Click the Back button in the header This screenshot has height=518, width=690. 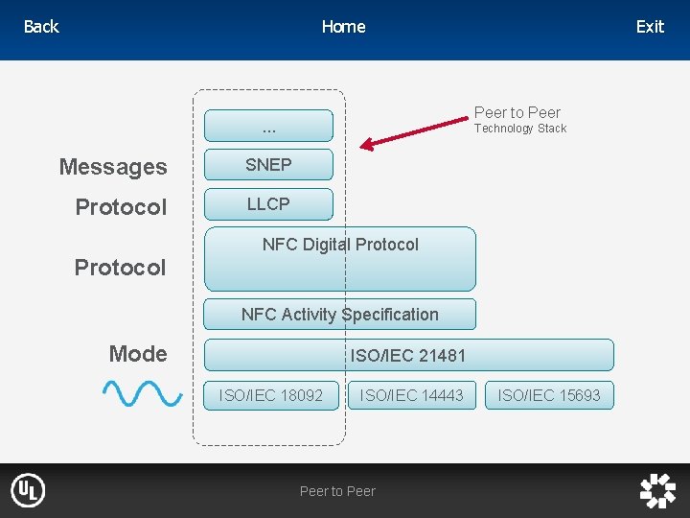point(41,27)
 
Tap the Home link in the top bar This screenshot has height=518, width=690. point(343,27)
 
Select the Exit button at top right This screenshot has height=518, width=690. point(650,27)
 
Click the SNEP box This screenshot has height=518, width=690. point(268,165)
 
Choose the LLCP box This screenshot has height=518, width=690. point(268,204)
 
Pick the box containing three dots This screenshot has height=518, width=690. point(268,126)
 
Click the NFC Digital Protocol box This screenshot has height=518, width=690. point(340,259)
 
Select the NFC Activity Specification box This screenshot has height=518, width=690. point(340,315)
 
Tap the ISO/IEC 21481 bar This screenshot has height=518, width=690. point(408,356)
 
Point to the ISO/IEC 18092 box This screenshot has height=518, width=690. point(271,395)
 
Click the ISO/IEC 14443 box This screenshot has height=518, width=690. point(411,395)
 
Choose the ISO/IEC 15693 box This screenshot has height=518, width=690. point(549,395)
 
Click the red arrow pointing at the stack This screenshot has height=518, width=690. point(418,132)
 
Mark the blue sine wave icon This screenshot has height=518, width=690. point(142,392)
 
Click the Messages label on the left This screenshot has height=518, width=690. point(113,167)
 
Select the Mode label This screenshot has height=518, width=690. point(138,354)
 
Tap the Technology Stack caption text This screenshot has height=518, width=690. point(520,129)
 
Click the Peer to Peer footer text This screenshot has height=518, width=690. point(337,491)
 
